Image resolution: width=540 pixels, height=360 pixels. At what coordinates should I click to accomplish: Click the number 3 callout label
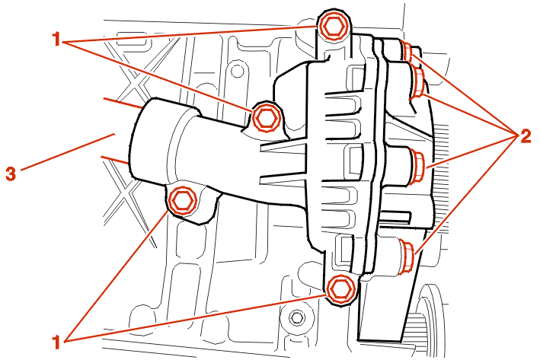11,173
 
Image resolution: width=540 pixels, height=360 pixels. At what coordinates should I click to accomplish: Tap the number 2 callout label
526,137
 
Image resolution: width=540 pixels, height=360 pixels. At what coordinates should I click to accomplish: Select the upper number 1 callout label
56,39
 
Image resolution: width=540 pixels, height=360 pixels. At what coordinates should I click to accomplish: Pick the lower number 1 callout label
56,342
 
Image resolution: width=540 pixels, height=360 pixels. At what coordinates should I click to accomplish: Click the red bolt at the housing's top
333,27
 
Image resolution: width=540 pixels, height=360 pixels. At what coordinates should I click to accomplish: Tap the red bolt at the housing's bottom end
341,289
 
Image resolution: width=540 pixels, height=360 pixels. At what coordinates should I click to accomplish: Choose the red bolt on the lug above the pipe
265,118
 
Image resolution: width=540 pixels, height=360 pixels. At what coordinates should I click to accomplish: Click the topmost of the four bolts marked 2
409,51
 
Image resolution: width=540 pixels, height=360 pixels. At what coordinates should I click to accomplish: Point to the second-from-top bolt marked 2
419,82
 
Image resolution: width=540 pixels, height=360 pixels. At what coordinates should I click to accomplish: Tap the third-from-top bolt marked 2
417,166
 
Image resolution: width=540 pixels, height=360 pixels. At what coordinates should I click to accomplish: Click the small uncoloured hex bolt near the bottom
296,317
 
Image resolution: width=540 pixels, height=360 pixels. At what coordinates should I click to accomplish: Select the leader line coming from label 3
68,152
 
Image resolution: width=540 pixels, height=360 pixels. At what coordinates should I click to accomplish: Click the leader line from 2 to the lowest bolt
468,195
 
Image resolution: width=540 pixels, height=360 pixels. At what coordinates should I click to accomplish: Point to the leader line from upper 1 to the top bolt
190,34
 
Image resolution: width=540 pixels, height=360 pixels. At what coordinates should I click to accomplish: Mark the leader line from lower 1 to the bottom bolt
195,317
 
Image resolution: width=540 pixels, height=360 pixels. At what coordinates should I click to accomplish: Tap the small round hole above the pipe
237,72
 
